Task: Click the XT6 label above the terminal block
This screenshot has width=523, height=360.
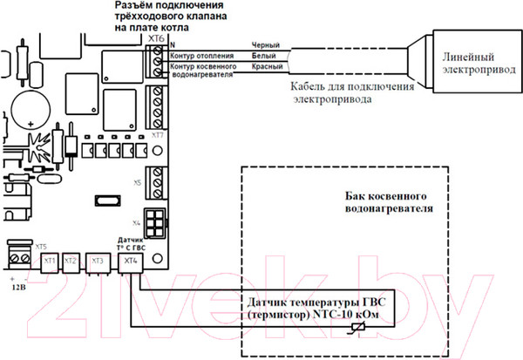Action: click(156, 38)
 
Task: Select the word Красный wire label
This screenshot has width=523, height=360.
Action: click(265, 66)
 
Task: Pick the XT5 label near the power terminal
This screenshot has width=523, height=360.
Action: click(41, 247)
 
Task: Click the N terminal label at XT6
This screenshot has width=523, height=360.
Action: click(172, 44)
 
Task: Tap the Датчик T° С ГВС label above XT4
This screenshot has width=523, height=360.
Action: click(130, 242)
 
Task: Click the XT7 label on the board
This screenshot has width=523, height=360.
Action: click(157, 137)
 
